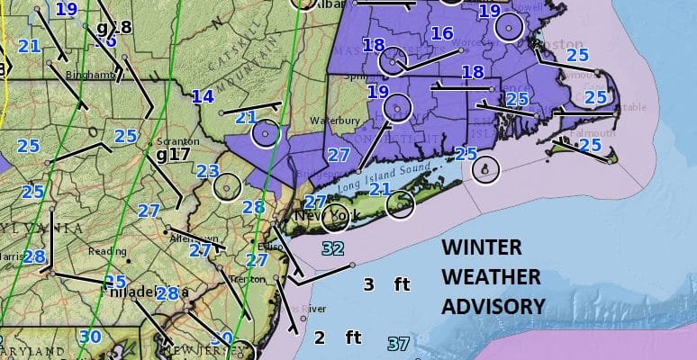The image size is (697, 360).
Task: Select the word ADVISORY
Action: click(493, 306)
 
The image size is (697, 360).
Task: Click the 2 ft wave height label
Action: click(337, 338)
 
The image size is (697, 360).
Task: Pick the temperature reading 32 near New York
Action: click(332, 247)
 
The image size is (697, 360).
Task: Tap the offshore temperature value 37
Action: click(398, 343)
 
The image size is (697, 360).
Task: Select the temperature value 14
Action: click(203, 97)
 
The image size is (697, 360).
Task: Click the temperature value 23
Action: click(208, 171)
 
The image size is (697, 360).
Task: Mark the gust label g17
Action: click(173, 154)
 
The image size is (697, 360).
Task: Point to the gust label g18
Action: click(113, 27)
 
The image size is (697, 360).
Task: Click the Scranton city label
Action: click(171, 141)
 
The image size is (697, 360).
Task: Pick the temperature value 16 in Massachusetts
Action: click(441, 33)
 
